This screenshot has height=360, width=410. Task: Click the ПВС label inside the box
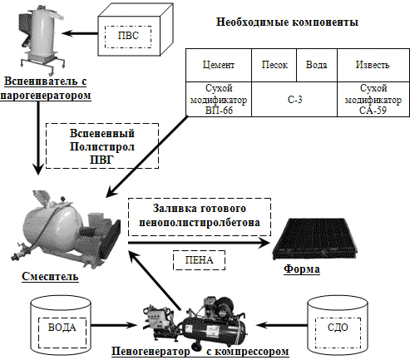[128, 36]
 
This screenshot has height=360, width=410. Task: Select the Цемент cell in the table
[219, 65]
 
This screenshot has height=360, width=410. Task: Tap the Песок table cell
[274, 65]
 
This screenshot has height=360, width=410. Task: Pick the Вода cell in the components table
[317, 65]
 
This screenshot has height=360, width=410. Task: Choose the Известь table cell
[373, 65]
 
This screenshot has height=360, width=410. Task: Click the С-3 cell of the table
[294, 99]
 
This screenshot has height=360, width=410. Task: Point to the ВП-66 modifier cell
[219, 99]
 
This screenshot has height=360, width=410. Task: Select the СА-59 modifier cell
[373, 99]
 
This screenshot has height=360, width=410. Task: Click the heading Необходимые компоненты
[287, 22]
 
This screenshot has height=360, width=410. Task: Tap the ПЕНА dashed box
[199, 260]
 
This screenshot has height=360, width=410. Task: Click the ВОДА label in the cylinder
[62, 328]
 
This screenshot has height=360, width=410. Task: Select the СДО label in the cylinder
[338, 328]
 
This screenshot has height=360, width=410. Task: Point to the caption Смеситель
[50, 277]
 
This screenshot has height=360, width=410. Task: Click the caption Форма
[302, 269]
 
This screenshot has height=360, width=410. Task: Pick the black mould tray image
[315, 239]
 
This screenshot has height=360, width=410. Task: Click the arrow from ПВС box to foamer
[80, 33]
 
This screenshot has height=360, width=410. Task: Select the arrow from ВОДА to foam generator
[114, 325]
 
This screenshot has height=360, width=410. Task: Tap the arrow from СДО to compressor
[282, 324]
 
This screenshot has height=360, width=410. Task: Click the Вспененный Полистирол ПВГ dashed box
[102, 146]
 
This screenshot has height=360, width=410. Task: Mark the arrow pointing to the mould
[199, 243]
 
